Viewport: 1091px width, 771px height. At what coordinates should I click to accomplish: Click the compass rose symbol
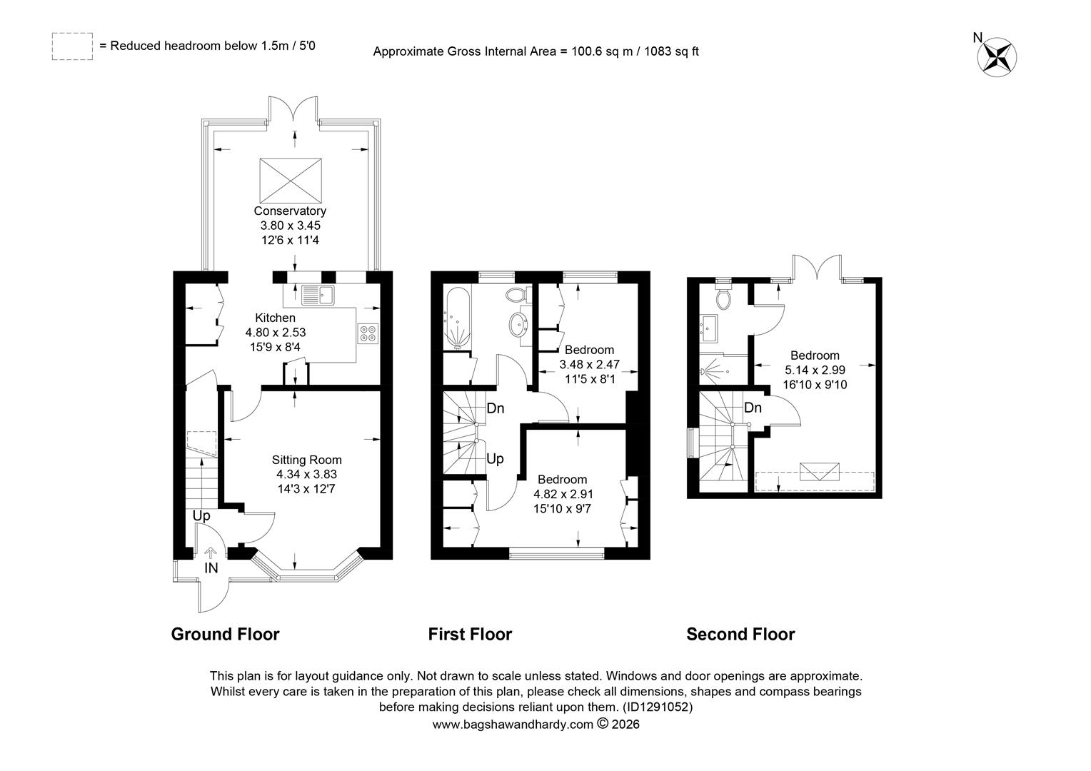tap(997, 56)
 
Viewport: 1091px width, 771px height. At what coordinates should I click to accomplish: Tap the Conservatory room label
tap(290, 211)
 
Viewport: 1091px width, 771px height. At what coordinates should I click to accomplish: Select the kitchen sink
tap(318, 295)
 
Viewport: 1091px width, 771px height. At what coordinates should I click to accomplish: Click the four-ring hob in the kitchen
tap(368, 333)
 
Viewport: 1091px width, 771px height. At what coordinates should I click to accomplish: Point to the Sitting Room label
tap(307, 460)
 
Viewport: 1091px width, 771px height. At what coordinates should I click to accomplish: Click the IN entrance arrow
tap(211, 553)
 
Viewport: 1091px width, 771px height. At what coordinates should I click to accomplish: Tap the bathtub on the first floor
tap(457, 318)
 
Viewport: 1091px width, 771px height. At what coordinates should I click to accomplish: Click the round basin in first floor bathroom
tap(519, 323)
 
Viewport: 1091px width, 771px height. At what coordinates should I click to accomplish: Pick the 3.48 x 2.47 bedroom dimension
tap(589, 364)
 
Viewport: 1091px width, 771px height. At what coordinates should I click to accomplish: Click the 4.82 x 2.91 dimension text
tap(563, 494)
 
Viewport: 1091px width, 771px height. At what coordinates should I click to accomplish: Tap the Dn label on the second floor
tap(753, 408)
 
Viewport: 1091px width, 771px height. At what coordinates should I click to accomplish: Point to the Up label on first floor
tap(495, 459)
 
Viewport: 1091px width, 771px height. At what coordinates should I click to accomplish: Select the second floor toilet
tap(723, 298)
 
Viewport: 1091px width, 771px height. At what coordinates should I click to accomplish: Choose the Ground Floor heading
tap(225, 634)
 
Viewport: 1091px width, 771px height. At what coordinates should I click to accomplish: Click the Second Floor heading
tap(740, 634)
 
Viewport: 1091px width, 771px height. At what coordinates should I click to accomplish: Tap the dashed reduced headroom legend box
tap(72, 46)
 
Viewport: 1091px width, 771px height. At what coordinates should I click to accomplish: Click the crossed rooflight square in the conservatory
tap(291, 180)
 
